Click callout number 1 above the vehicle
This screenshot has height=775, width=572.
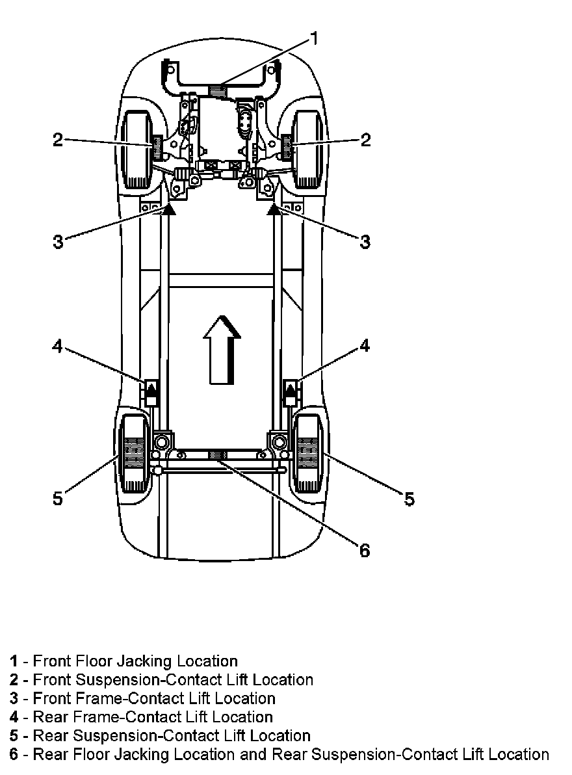point(313,39)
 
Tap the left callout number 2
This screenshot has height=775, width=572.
point(58,139)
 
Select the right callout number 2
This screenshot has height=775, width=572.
point(365,139)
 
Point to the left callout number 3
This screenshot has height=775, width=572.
point(58,242)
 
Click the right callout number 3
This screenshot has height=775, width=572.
point(365,242)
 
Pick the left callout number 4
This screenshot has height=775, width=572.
point(58,347)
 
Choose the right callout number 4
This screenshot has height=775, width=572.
point(365,346)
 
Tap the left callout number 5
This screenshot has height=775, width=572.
point(58,499)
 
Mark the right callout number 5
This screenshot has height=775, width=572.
point(409,499)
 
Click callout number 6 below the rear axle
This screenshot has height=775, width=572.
point(364,550)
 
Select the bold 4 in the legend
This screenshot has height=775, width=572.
point(14,717)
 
